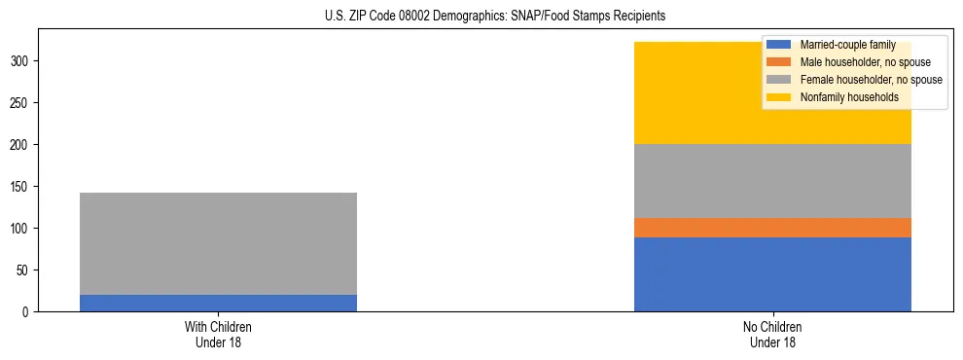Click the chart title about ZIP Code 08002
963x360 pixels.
tap(481, 17)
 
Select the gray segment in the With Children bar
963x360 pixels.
tap(218, 243)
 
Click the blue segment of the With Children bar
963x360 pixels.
tap(218, 303)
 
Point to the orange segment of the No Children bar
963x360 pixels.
tap(772, 228)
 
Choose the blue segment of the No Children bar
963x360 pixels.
tap(772, 274)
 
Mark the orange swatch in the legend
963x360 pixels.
tap(779, 62)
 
